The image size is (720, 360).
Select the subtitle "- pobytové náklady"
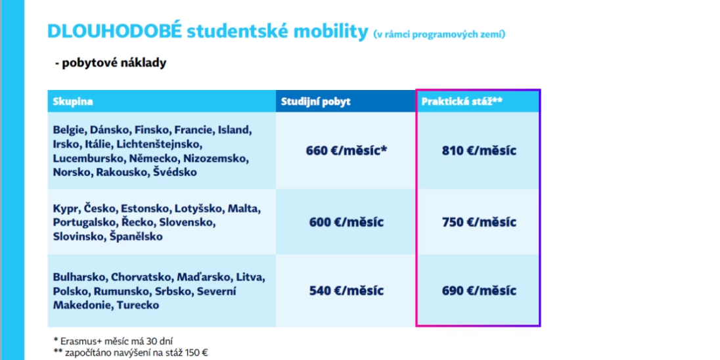tap(110, 63)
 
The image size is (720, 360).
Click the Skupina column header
tap(73, 102)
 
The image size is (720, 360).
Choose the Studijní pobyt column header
tap(316, 102)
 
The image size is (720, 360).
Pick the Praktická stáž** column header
tap(462, 102)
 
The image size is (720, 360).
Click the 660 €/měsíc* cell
tap(346, 150)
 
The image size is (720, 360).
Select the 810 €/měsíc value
tap(479, 150)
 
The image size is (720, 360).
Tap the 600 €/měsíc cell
tap(346, 221)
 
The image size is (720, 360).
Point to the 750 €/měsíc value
tap(479, 221)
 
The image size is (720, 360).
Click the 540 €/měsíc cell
tap(346, 290)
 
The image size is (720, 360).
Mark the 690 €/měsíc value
tap(479, 290)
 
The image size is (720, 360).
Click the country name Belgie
tap(68, 129)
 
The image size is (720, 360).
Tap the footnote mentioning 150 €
tap(131, 352)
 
